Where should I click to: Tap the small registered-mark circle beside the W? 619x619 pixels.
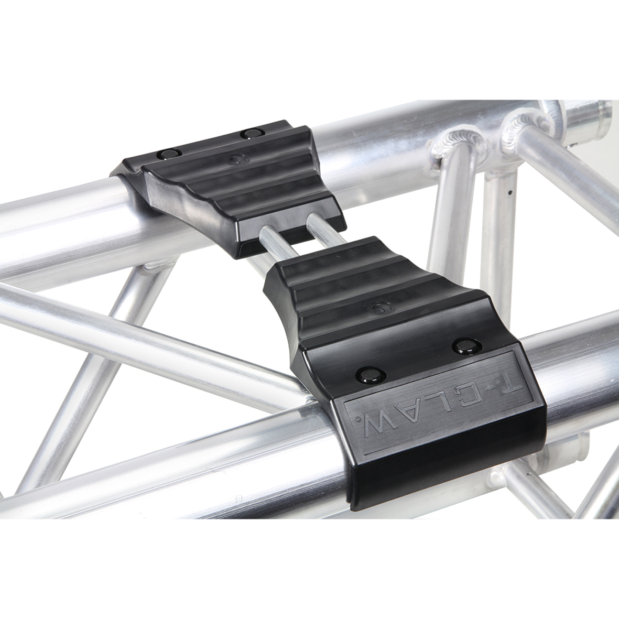[358, 418]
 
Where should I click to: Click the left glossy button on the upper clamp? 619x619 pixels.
[168, 153]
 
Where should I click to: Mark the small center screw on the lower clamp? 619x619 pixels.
[376, 307]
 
